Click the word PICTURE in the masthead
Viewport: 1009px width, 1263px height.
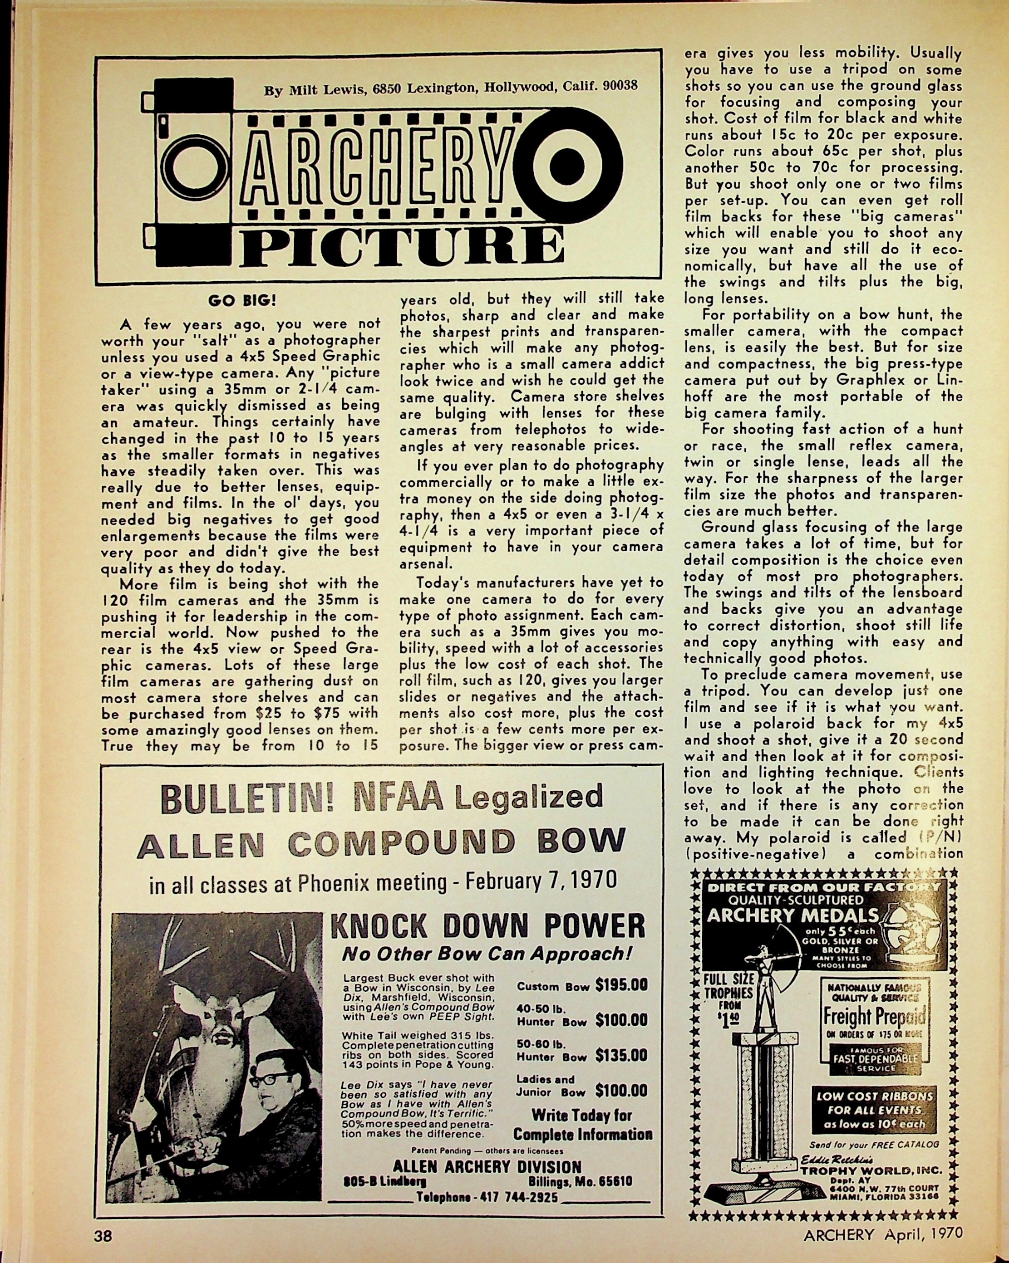click(x=399, y=247)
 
